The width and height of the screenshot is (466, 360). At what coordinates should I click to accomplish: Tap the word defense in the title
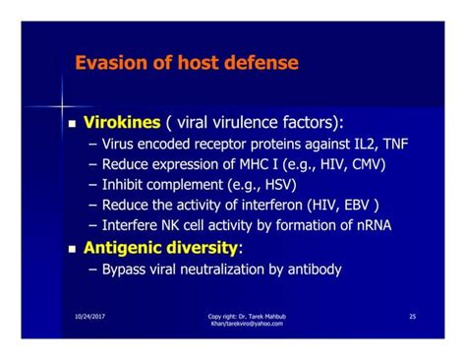coord(259,64)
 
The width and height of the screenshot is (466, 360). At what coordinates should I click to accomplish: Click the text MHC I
coord(236,165)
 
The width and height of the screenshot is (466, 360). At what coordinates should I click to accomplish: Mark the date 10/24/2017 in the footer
coord(90,316)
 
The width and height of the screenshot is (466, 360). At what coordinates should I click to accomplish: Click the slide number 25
coord(412,316)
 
